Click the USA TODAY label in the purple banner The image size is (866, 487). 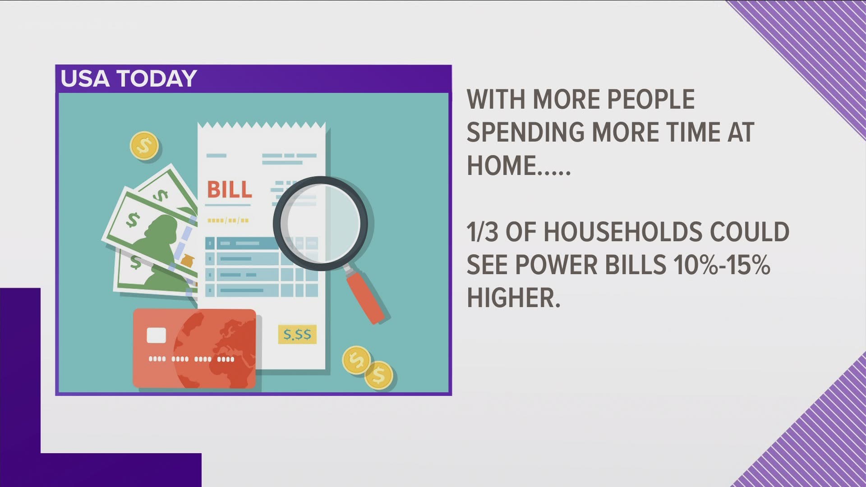click(x=129, y=78)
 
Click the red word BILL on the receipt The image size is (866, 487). click(x=229, y=190)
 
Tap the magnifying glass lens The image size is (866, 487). click(x=320, y=223)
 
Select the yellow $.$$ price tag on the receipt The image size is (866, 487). click(x=297, y=335)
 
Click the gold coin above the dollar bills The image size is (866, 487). click(x=144, y=145)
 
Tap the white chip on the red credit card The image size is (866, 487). click(x=156, y=335)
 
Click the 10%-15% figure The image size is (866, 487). click(x=721, y=265)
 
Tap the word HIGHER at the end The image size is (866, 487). click(x=513, y=298)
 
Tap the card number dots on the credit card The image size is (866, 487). click(x=192, y=359)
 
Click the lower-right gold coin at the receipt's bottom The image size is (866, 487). click(x=378, y=375)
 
